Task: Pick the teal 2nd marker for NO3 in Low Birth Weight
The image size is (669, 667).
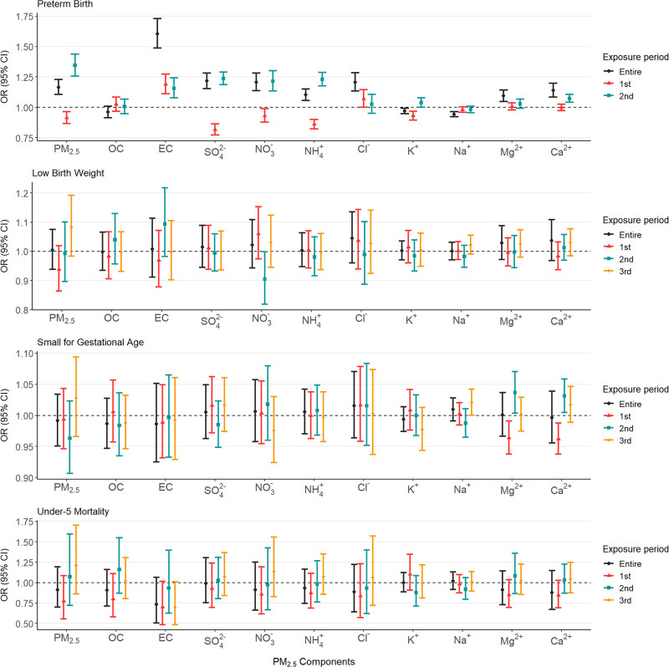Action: [x=265, y=279]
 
